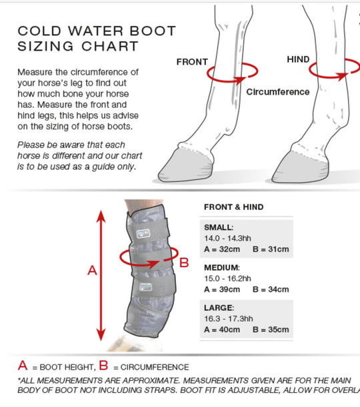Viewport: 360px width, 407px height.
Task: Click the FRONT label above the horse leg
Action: (x=192, y=62)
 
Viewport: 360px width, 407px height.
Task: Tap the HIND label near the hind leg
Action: (x=298, y=59)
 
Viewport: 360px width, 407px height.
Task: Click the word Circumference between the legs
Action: (x=278, y=92)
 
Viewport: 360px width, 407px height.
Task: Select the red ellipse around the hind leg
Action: (x=327, y=75)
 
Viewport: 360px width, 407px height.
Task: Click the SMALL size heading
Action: (x=219, y=227)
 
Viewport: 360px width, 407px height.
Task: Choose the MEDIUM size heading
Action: (x=222, y=267)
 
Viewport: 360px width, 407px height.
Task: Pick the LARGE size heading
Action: (x=219, y=308)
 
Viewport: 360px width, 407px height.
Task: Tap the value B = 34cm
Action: (x=271, y=290)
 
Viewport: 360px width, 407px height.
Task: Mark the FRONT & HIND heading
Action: (x=233, y=207)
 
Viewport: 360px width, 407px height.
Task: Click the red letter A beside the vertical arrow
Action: (x=93, y=270)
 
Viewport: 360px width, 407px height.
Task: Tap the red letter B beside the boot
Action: (x=185, y=262)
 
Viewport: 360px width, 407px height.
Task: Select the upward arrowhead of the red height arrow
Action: (x=101, y=216)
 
